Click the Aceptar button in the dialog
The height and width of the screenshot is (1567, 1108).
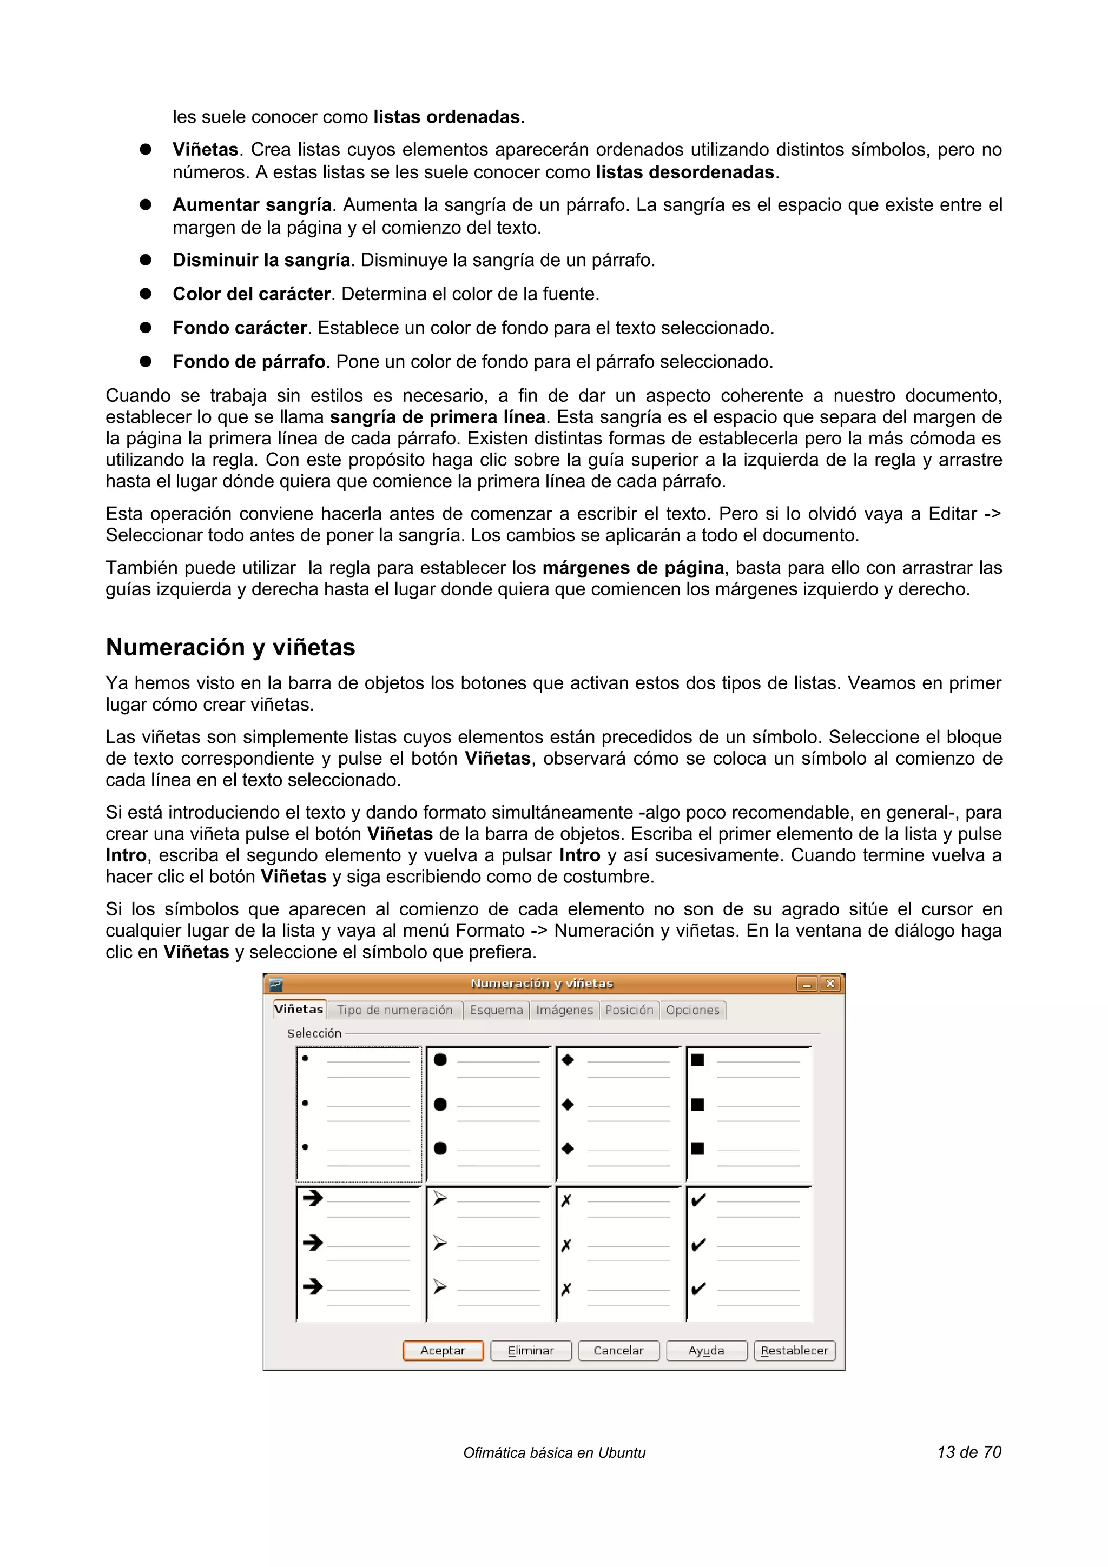tap(443, 1350)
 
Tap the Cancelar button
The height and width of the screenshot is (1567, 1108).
tap(618, 1350)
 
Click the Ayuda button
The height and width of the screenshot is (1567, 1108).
tap(706, 1350)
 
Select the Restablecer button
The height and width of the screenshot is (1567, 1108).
tap(794, 1350)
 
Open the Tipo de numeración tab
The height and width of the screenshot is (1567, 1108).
tap(394, 1010)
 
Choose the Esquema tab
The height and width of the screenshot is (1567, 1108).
tap(496, 1010)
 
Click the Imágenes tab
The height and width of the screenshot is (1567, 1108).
tap(565, 1010)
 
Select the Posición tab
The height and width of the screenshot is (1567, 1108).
tap(629, 1010)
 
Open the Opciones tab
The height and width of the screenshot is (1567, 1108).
tap(692, 1010)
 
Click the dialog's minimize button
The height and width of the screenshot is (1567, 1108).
tap(806, 984)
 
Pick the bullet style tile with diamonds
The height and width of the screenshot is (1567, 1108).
tap(618, 1114)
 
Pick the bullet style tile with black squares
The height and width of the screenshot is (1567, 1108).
tap(749, 1114)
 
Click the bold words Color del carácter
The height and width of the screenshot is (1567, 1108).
tap(251, 294)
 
